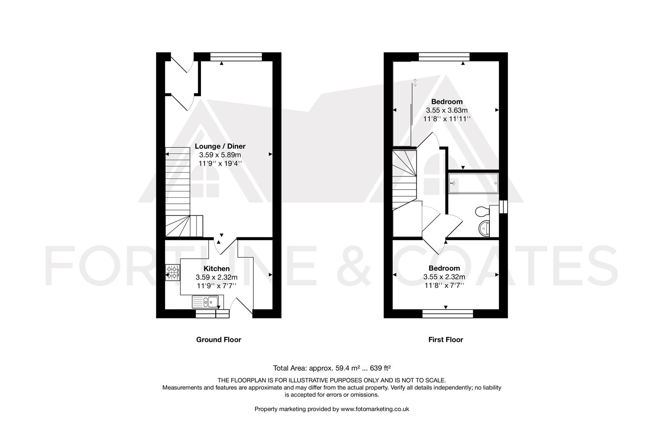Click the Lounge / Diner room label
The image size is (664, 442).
pos(220,146)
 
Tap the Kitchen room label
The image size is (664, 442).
pos(217,268)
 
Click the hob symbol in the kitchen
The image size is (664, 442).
pos(173,273)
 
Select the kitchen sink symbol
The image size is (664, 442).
pos(205,302)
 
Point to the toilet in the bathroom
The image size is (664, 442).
pos(482,212)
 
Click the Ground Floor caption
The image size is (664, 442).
pos(218,340)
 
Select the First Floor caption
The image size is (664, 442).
pos(446,340)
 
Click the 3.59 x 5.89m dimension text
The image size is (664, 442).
pos(220,155)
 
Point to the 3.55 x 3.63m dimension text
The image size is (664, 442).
pos(447,110)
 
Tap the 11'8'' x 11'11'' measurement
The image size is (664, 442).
pos(447,119)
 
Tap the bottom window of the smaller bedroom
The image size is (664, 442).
pos(448,313)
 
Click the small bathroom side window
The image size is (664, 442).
pos(504,207)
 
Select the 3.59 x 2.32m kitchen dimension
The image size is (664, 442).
pos(217,277)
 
